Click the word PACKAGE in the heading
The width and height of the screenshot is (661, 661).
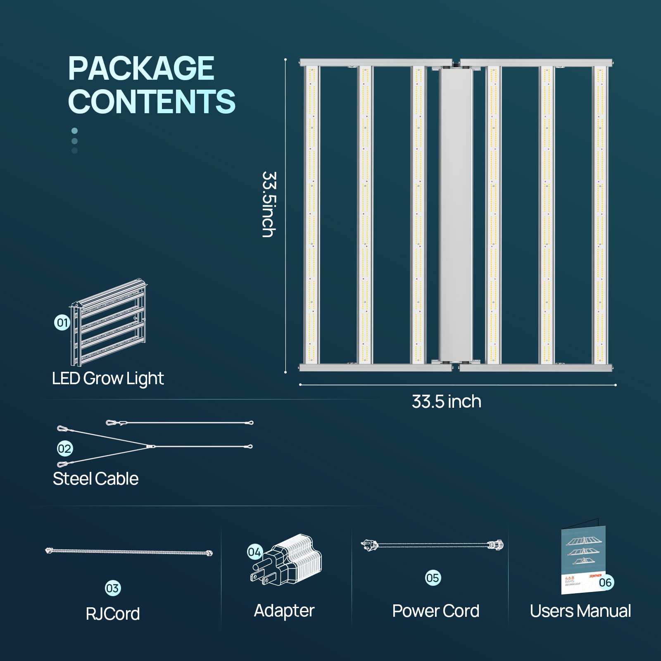coord(141,69)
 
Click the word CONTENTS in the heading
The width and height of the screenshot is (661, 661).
coord(152,101)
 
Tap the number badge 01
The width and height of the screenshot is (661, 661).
coord(62,322)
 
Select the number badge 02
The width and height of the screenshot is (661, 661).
coord(65,449)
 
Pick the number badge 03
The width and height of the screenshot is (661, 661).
coord(112,588)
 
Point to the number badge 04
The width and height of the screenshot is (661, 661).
coord(254,552)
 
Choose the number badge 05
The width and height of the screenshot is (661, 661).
coord(433,578)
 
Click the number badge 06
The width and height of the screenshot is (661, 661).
coord(605,583)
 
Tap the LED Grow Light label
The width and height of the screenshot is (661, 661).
coord(108,378)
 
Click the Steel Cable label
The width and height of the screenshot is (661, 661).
coord(95,479)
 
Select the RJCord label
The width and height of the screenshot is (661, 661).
coord(113,614)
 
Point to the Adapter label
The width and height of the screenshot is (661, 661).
coord(284,611)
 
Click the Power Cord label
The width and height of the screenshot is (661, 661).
coord(435,611)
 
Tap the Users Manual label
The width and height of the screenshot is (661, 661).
coord(580,611)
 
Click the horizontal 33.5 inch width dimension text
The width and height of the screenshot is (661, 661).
coord(447,402)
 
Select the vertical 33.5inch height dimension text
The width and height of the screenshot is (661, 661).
coord(269,204)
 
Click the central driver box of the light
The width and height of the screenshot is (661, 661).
coord(456,215)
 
